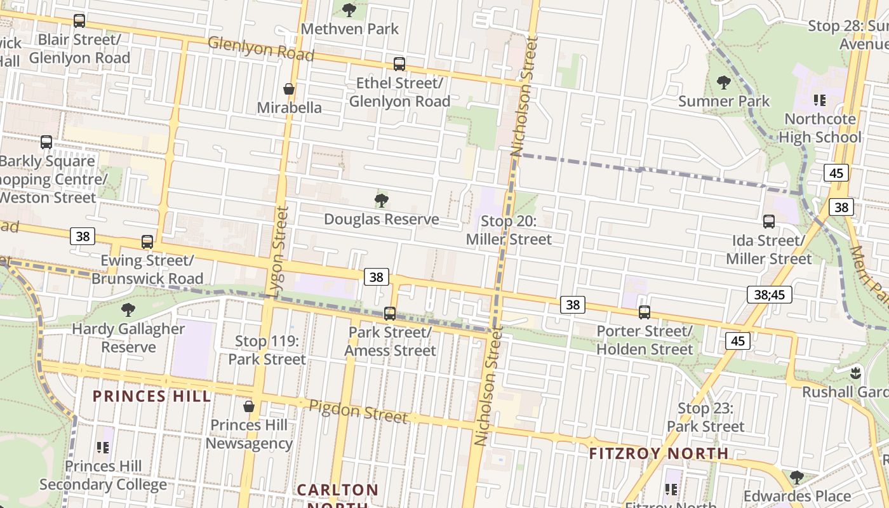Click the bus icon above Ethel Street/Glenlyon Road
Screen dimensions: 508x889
coord(399,64)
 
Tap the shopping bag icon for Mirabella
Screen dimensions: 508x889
coord(289,89)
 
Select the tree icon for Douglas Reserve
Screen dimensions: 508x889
coord(381,201)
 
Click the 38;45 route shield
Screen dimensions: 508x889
coord(769,294)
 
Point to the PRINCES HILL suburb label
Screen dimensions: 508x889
coord(152,396)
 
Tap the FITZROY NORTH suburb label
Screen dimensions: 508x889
coord(658,453)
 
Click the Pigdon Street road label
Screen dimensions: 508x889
coord(358,411)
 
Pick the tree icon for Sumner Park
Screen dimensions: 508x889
coord(723,82)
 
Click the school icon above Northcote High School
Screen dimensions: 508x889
coord(820,100)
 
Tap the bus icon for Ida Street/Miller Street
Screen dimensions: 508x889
coord(768,222)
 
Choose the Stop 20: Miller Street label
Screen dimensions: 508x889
coord(509,230)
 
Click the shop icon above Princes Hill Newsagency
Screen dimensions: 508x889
coord(249,406)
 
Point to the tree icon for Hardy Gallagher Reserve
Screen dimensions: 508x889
coord(128,310)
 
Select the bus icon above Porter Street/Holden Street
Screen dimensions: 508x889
coord(645,312)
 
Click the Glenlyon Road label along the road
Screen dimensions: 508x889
coord(261,49)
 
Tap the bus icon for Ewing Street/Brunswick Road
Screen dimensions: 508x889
coord(147,242)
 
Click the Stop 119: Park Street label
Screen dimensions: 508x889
coord(267,350)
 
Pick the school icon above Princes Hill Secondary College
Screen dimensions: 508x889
coord(103,448)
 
